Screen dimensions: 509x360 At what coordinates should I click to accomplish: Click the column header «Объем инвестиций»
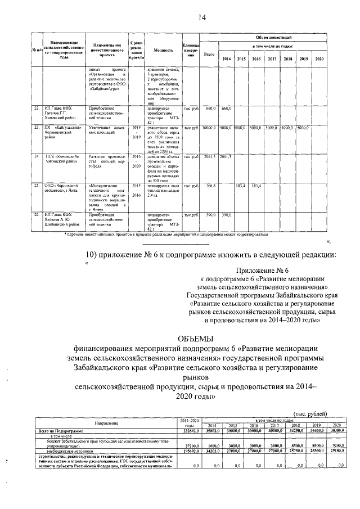[x=272, y=36]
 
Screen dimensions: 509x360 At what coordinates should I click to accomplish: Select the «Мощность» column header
[x=163, y=49]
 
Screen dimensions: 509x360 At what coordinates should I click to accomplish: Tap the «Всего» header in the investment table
[x=209, y=55]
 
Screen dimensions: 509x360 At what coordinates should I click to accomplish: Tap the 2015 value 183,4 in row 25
[x=241, y=185]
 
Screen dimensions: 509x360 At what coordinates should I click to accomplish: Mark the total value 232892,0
[x=189, y=429]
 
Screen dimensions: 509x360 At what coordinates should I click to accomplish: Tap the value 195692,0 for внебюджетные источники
[x=190, y=451]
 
